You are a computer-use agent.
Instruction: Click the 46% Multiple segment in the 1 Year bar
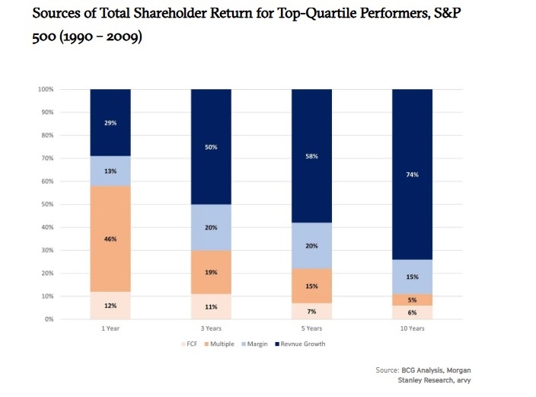[x=111, y=239]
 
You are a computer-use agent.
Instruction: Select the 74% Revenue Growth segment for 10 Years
[x=413, y=174]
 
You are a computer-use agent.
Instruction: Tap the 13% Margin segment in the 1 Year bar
[x=111, y=171]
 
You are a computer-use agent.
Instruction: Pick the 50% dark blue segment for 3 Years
[x=212, y=146]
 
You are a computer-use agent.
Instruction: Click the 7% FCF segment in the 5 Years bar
[x=312, y=311]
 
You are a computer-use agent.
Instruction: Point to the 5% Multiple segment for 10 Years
[x=413, y=300]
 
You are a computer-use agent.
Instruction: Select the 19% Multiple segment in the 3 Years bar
[x=212, y=271]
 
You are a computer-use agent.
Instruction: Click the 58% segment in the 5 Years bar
[x=312, y=155]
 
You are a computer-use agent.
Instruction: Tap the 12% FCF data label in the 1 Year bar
[x=111, y=306]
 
